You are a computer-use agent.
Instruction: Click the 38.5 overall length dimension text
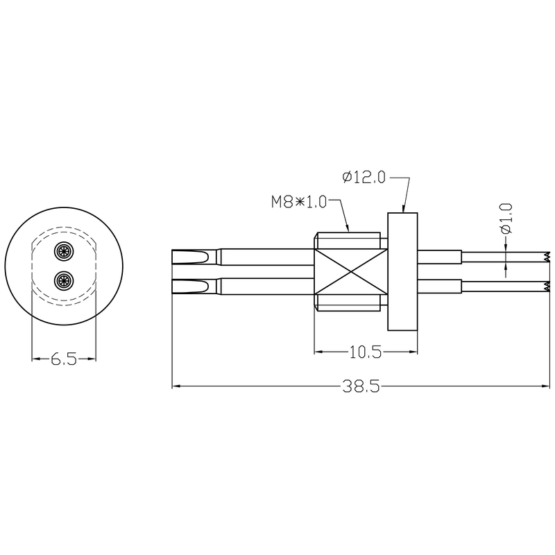pyautogui.click(x=359, y=387)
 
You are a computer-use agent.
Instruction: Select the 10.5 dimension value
pyautogui.click(x=366, y=352)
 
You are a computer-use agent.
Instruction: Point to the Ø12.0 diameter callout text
pyautogui.click(x=364, y=178)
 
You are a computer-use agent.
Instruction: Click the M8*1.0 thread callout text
pyautogui.click(x=298, y=202)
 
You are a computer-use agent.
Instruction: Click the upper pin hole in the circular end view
pyautogui.click(x=64, y=251)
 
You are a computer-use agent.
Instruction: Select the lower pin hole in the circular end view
pyautogui.click(x=64, y=280)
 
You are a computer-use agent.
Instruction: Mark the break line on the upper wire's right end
pyautogui.click(x=547, y=257)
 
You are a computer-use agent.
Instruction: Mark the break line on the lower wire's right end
pyautogui.click(x=547, y=286)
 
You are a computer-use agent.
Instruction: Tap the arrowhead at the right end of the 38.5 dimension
pyautogui.click(x=545, y=386)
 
